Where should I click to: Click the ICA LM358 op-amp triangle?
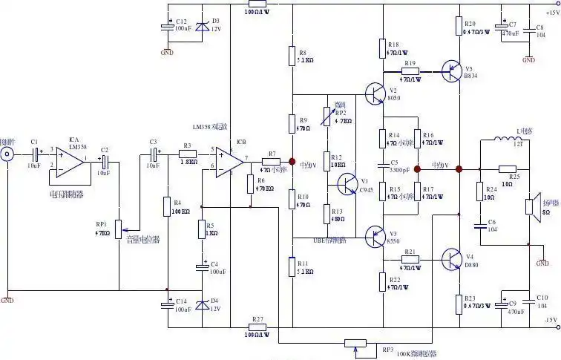[x=70, y=158]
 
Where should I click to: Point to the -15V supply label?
[x=549, y=320]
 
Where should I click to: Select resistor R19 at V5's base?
[x=410, y=71]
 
